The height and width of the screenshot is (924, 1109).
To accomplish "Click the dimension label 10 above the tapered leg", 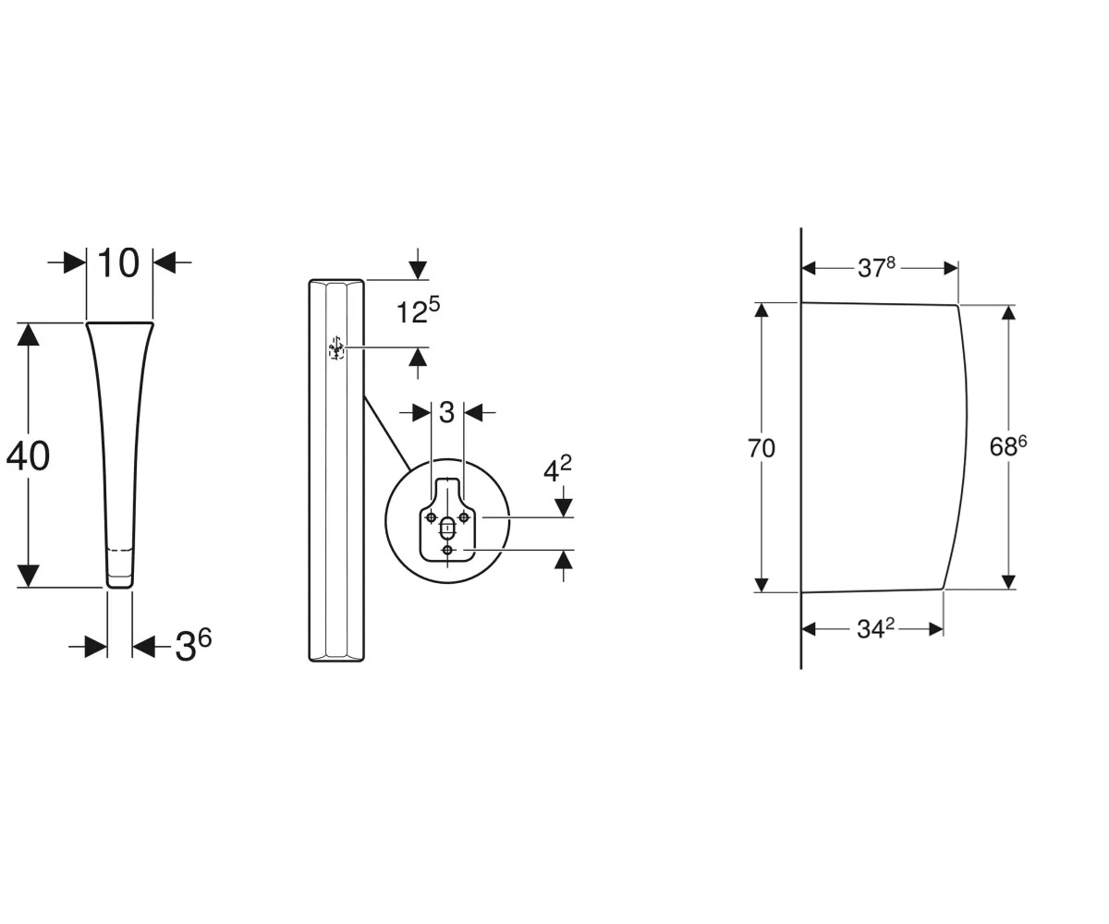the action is (118, 263).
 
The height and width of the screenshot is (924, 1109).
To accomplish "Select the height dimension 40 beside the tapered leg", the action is (28, 456).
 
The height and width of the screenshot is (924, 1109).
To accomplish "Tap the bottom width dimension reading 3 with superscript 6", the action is (193, 645).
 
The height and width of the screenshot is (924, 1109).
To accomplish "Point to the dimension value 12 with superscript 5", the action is (419, 310).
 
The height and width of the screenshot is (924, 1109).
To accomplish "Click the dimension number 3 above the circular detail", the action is (447, 412).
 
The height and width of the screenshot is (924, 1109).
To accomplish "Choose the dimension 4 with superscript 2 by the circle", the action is (557, 469).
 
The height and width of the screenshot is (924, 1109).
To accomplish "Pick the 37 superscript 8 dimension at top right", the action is (876, 267).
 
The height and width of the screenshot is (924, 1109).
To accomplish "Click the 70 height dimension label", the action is (762, 448).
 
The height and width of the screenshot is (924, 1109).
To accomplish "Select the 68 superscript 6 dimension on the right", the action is (1008, 446).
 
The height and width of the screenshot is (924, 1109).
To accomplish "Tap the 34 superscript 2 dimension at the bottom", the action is (876, 628).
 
